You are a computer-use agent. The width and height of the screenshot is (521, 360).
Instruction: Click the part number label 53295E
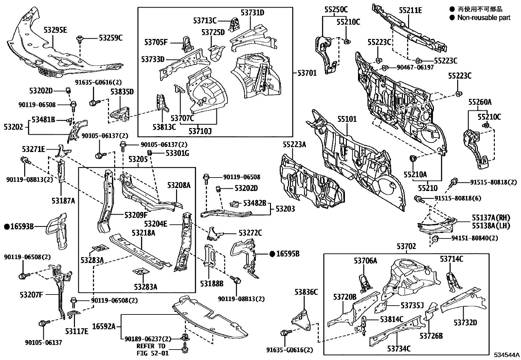55,30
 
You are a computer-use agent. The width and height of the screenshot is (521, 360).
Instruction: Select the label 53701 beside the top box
307,73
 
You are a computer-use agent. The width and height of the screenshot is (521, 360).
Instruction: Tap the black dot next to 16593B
7,226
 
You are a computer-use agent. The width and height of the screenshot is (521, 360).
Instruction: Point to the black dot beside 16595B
272,253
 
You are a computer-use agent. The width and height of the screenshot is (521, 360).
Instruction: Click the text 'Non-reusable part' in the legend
484,18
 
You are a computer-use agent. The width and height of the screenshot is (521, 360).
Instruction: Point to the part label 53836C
306,292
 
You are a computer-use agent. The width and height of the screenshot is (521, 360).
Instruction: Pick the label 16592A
104,326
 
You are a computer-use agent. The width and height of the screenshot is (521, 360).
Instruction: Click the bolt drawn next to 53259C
80,40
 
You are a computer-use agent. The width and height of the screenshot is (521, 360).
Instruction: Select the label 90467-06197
415,67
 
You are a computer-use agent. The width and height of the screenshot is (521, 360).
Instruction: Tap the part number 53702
406,246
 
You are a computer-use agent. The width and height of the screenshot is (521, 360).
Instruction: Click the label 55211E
410,11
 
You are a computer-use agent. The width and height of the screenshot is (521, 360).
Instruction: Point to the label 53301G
177,153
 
